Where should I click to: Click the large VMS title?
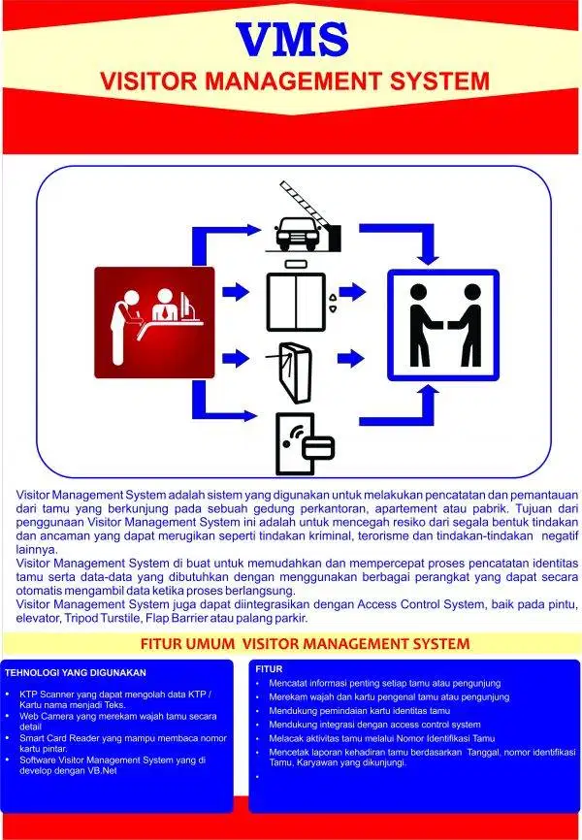click(x=292, y=38)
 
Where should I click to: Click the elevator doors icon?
click(x=297, y=301)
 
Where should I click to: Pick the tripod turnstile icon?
click(x=292, y=371)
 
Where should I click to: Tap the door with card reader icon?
click(x=303, y=442)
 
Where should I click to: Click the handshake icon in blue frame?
click(x=443, y=324)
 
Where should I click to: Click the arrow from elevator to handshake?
click(x=351, y=291)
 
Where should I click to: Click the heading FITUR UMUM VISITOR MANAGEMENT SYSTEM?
click(x=292, y=643)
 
